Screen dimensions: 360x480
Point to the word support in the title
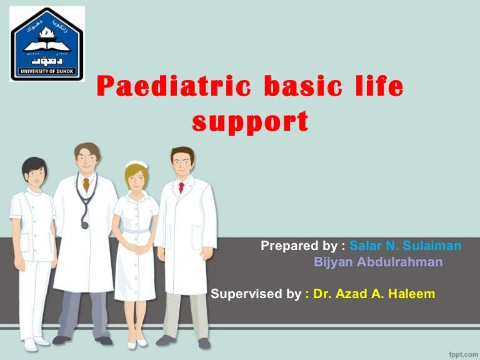point(250,121)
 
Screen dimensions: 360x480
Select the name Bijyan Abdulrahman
point(378,262)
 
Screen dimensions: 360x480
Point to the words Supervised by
point(256,293)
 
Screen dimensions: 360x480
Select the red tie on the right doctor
point(181,187)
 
